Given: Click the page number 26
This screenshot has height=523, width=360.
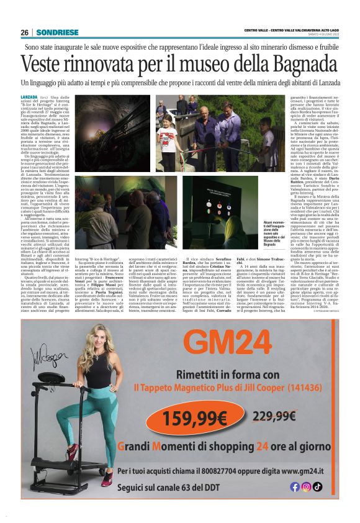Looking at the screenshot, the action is [x=25, y=32].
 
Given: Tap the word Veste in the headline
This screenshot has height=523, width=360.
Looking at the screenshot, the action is [x=45, y=64].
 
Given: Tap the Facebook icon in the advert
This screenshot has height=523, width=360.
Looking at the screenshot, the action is [x=295, y=486].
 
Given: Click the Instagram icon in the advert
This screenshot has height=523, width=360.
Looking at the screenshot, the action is [x=306, y=486].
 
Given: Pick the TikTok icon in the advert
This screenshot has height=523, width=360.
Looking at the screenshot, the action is [x=317, y=486].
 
